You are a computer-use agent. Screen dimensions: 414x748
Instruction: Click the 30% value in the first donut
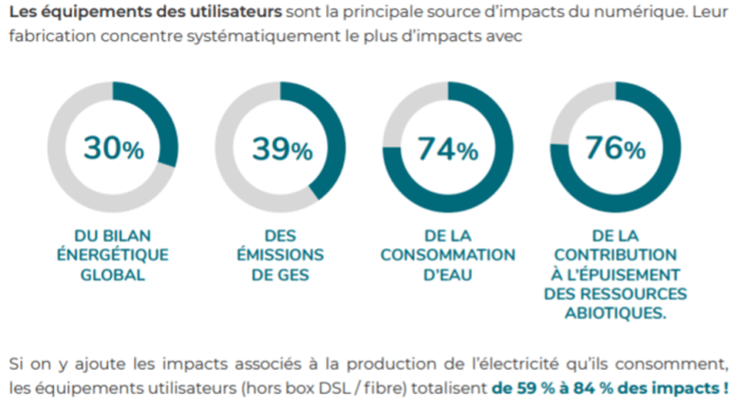113,149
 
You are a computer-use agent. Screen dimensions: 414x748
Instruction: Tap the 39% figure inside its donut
281,149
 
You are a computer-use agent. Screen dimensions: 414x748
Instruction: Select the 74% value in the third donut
448,149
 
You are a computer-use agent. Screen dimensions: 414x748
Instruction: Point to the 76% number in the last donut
615,149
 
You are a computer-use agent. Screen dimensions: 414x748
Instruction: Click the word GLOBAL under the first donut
110,276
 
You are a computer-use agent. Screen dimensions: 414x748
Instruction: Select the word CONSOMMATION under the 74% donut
447,255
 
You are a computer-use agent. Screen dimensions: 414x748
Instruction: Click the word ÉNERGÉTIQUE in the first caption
111,255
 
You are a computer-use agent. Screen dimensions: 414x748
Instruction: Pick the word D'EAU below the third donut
448,276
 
